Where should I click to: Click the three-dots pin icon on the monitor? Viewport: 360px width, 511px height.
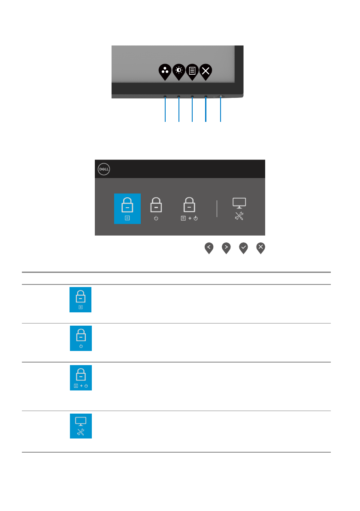pos(165,71)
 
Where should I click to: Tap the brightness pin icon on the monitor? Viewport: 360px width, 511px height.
pos(178,71)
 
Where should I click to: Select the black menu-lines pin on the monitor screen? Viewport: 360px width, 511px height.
pos(192,71)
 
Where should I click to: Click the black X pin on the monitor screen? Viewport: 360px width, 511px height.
pos(206,71)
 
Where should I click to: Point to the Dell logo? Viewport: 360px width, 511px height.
pos(103,169)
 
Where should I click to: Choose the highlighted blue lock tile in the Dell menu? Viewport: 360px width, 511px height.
pos(127,209)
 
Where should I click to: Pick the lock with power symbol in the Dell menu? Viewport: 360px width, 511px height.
pos(156,209)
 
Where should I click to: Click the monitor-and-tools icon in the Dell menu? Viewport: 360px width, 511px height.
pos(239,209)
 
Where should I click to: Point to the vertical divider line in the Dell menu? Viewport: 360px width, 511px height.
pos(217,209)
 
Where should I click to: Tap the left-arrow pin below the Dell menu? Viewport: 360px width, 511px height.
pos(209,248)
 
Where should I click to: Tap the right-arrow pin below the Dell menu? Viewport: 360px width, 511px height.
pos(226,248)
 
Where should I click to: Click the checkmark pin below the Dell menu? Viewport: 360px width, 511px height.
pos(243,248)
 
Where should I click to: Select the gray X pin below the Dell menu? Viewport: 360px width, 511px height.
pos(260,248)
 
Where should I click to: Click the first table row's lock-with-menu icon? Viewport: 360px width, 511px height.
pos(81,299)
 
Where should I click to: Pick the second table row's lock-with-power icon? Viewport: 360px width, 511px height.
pos(81,338)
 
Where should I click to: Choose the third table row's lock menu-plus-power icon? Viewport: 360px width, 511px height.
pos(81,378)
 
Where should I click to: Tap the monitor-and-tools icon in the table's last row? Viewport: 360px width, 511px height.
pos(81,426)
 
